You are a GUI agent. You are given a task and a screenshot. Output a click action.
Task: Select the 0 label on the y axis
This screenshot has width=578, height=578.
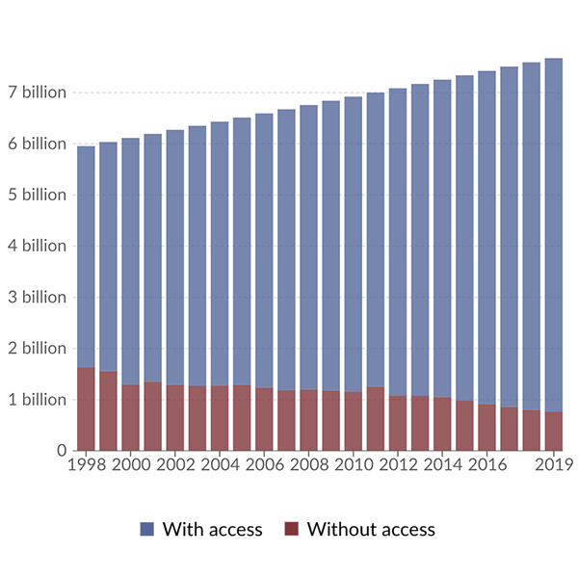click(x=61, y=450)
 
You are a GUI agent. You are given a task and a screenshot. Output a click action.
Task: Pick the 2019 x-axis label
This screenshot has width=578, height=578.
click(x=553, y=465)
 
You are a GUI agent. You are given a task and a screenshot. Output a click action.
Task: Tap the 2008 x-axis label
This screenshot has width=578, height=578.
click(x=308, y=465)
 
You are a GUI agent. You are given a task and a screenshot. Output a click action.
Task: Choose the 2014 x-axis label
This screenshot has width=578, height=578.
click(x=442, y=465)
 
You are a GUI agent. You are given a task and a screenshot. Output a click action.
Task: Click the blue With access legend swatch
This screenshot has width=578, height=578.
click(x=147, y=529)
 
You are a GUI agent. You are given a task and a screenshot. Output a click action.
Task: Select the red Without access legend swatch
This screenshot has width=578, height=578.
click(x=292, y=529)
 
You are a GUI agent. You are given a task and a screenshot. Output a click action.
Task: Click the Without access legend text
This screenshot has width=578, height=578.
click(x=371, y=529)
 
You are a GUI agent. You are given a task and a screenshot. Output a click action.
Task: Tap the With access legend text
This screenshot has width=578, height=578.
click(x=212, y=529)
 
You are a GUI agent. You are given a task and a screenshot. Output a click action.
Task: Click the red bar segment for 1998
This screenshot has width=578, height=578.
click(x=86, y=408)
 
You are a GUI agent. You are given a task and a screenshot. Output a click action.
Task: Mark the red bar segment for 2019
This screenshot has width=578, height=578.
click(x=553, y=431)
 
